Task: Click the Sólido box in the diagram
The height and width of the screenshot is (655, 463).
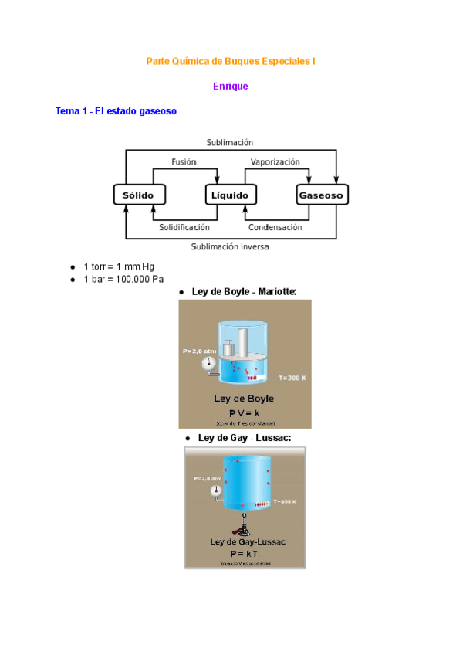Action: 139,195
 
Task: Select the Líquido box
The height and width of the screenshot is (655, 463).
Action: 230,195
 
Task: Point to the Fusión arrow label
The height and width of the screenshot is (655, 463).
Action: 184,162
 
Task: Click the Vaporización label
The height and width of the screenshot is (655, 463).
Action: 275,162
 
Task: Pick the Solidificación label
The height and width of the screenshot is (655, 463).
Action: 184,228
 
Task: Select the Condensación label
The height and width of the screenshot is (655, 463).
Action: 275,228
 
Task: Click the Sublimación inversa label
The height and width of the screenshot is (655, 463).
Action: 230,247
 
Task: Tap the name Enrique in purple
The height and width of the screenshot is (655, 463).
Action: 231,87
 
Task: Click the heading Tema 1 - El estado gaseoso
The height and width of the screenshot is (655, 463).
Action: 117,111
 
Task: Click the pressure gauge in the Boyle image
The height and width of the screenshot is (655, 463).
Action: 208,363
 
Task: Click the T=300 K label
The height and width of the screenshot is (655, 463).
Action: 292,378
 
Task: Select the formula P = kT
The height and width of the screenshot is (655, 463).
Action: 245,554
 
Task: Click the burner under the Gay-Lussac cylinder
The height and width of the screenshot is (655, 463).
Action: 244,530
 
